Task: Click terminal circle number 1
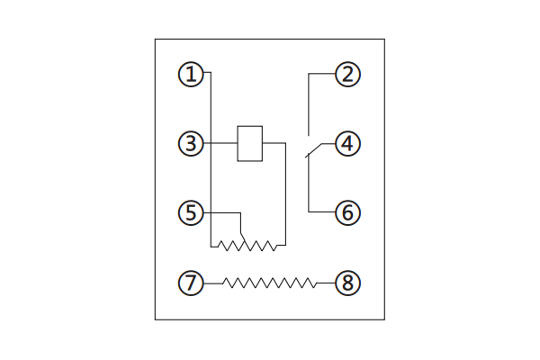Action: (191, 74)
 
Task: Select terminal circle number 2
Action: (347, 74)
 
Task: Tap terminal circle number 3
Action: (191, 143)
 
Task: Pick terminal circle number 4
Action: (347, 143)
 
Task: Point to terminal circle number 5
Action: (191, 212)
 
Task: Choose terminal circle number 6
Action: (347, 212)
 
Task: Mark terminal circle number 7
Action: (191, 283)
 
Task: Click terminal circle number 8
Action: (347, 283)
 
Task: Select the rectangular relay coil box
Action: (250, 143)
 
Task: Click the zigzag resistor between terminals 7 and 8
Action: (269, 283)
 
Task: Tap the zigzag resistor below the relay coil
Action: (247, 246)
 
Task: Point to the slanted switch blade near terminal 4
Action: (313, 150)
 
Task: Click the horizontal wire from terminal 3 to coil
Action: (220, 143)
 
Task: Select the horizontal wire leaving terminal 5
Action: (222, 213)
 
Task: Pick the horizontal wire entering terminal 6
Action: (321, 211)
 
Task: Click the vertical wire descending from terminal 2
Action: (309, 104)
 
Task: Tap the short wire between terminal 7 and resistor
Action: (213, 283)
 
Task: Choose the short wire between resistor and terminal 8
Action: (326, 283)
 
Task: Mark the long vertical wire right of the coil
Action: (285, 194)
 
